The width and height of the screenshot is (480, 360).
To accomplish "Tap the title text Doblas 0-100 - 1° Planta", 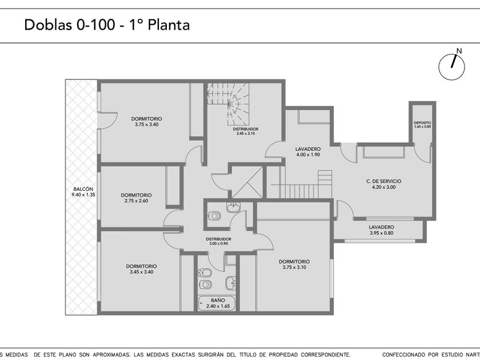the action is pos(107,25).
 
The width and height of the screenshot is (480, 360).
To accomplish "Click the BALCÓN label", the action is pos(83,189).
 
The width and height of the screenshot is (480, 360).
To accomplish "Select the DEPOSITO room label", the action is pos(422,123).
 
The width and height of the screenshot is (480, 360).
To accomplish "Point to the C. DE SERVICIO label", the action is pos(383,181).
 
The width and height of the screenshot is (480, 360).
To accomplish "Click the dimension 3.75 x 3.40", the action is pos(147,125).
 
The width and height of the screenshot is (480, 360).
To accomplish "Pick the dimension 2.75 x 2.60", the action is pos(136,201).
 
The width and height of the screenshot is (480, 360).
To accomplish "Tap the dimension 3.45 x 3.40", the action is pos(142,272).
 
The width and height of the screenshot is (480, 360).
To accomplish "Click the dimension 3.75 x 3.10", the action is pos(294,267).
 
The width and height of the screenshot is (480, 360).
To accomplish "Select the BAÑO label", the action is pos(218,301).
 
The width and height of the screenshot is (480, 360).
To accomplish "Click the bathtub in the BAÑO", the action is pos(217,303).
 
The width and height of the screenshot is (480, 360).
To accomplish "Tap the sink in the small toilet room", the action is pos(234,207).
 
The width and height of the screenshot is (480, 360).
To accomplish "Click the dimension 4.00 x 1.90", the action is pos(308,155).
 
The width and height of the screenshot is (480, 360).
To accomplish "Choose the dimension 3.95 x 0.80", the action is pos(382,233).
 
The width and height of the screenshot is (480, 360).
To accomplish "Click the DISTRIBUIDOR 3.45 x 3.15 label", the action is pos(246,131).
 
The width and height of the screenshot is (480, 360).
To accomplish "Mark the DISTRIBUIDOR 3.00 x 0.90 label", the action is pos(218,241).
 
